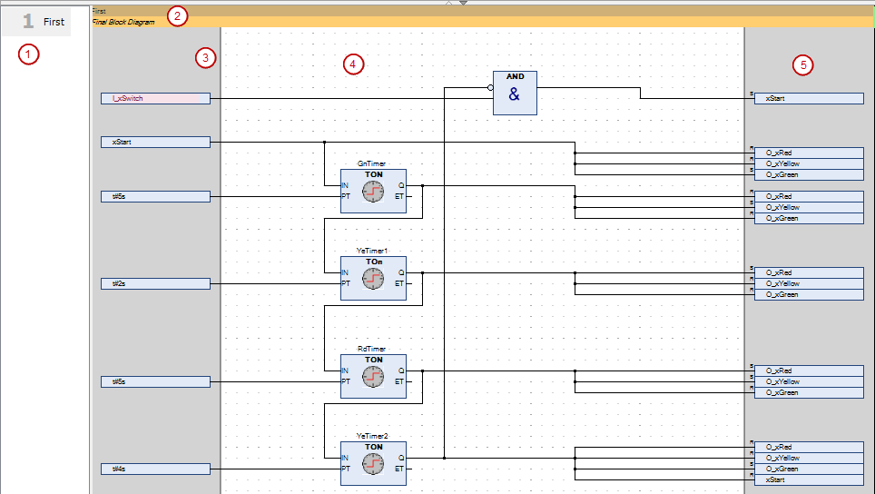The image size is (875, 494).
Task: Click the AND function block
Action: click(514, 93)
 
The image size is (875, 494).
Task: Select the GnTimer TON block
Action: click(373, 191)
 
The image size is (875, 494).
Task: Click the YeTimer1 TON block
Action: click(373, 278)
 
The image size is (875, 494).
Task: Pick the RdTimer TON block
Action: click(373, 376)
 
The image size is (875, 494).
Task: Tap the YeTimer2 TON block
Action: click(373, 463)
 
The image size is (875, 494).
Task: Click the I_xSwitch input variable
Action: click(155, 98)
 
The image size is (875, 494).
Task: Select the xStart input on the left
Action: click(155, 142)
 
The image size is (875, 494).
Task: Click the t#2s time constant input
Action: click(155, 283)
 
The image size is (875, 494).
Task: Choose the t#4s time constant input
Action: click(155, 469)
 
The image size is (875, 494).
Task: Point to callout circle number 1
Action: click(30, 54)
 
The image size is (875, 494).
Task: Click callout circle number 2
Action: click(178, 15)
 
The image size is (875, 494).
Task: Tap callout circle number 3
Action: click(206, 58)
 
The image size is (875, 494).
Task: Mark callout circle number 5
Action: click(801, 64)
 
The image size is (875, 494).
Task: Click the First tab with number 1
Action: click(44, 21)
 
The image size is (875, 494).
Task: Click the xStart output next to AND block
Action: click(809, 98)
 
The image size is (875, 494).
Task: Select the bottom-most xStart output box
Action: click(809, 479)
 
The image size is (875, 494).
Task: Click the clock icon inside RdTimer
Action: click(373, 380)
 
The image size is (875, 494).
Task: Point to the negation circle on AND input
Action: click(490, 87)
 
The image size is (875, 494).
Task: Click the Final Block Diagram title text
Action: click(123, 22)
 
